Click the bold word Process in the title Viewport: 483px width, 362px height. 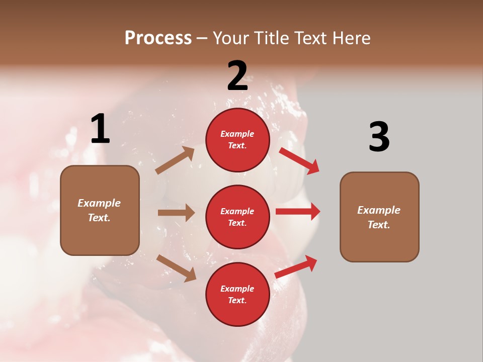coord(158,38)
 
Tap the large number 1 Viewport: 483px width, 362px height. coord(100,129)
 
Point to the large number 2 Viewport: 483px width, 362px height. coord(237,76)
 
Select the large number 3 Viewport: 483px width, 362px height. coord(379,137)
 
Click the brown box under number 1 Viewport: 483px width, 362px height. coord(100,210)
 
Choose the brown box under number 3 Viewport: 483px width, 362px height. coord(379,217)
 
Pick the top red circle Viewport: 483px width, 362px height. coord(237,140)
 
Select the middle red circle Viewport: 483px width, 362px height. coord(237,217)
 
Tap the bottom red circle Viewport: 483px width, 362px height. coord(237,295)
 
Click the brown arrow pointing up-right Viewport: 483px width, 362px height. coord(175,160)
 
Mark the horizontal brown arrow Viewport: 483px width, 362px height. coord(176,213)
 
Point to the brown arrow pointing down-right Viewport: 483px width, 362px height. coord(176,268)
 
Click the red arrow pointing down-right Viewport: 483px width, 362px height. coord(299,160)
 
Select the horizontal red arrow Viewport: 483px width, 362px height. coord(298,212)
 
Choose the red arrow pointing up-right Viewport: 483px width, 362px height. coord(296,266)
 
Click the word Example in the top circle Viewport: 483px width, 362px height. coord(237,134)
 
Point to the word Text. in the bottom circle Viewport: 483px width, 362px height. coord(237,300)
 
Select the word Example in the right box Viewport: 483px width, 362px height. coord(379,210)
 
